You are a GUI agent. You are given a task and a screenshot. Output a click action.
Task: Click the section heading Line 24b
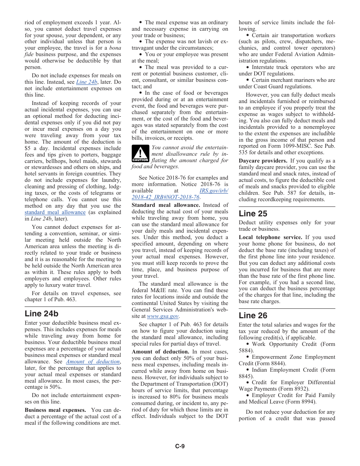click(x=41, y=314)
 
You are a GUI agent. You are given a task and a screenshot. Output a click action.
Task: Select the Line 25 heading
click(x=253, y=214)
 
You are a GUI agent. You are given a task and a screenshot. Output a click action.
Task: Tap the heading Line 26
click(x=253, y=316)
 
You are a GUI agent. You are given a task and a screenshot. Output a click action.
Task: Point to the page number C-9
click(x=180, y=446)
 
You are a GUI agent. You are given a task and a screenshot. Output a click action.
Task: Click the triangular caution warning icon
click(x=140, y=154)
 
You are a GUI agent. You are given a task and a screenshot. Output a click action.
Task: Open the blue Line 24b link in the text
click(x=87, y=82)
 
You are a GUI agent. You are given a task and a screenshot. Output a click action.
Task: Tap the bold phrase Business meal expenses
click(x=55, y=410)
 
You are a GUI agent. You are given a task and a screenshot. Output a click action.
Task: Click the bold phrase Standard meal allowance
click(x=166, y=205)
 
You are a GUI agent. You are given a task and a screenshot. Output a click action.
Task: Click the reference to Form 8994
click(x=304, y=402)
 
